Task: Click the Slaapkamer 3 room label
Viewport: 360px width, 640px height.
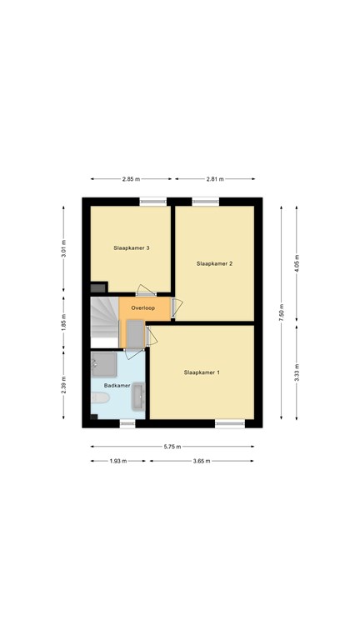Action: [x=131, y=247]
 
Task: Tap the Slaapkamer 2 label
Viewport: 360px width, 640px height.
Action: [x=214, y=263]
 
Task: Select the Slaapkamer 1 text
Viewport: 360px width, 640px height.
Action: [x=202, y=372]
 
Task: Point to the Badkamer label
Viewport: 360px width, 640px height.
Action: [x=117, y=385]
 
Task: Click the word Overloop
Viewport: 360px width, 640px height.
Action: [x=142, y=308]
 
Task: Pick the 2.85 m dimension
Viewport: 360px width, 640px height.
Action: [x=131, y=179]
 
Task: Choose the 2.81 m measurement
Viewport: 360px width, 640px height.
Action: [x=215, y=179]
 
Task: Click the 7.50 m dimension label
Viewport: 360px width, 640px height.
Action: [x=281, y=313]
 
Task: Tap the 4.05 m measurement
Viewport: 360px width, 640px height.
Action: [x=297, y=263]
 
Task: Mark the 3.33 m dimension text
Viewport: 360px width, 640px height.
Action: [x=297, y=372]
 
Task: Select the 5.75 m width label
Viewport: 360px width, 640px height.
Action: [x=172, y=447]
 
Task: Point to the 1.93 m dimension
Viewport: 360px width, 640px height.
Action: [x=118, y=461]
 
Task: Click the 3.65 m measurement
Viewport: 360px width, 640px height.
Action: [x=202, y=461]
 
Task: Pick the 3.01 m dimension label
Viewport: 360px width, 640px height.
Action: [x=63, y=249]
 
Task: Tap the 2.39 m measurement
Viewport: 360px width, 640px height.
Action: [x=63, y=385]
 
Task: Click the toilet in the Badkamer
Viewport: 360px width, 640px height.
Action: [x=100, y=397]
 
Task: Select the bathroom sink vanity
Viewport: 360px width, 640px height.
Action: [x=138, y=396]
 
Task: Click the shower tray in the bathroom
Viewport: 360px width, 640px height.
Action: [x=103, y=364]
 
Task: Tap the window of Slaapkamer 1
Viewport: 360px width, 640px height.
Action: [x=230, y=423]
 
